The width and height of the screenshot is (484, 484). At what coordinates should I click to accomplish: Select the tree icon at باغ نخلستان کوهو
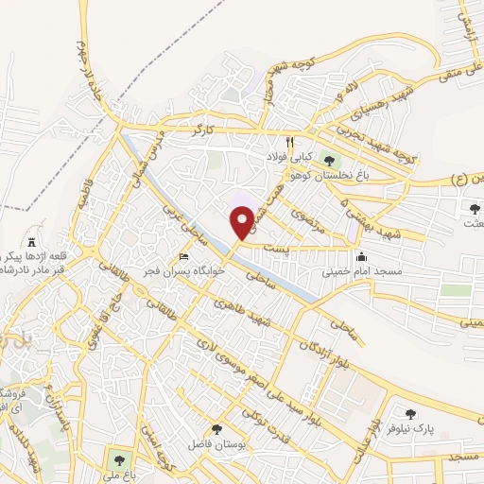pyautogui.click(x=329, y=161)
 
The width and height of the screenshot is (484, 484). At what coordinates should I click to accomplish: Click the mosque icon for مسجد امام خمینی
pyautogui.click(x=361, y=256)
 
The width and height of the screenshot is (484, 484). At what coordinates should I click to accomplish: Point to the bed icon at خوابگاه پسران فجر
pyautogui.click(x=183, y=257)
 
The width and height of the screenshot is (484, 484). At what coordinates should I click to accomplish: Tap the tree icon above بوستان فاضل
pyautogui.click(x=217, y=429)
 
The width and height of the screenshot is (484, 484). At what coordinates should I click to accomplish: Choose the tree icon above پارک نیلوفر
pyautogui.click(x=410, y=414)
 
